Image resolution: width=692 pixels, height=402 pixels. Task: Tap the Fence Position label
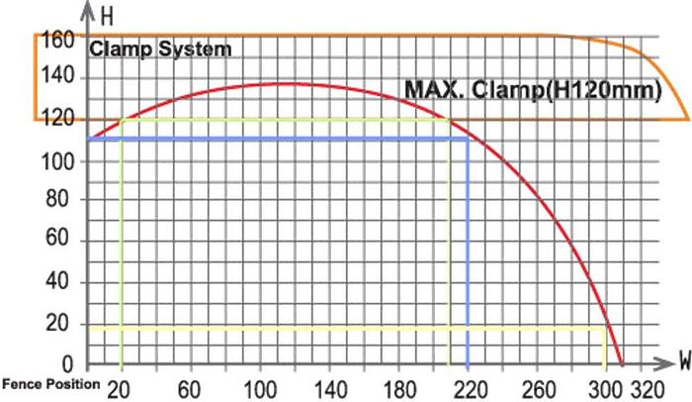[50, 383]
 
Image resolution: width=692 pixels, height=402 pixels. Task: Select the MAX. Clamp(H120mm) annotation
[532, 91]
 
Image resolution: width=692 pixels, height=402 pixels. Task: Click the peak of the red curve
[287, 83]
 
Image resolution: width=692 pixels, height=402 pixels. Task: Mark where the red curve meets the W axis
[621, 363]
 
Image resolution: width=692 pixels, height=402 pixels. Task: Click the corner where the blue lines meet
[467, 139]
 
